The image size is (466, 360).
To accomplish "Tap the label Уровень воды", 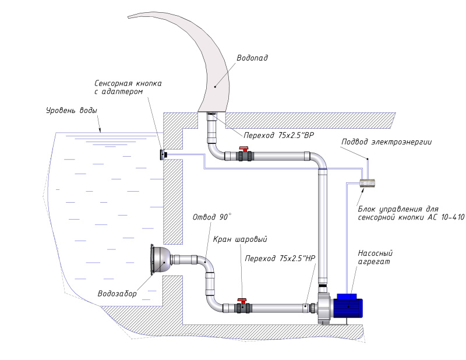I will (x=72, y=110).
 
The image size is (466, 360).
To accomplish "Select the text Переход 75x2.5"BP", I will (x=279, y=135).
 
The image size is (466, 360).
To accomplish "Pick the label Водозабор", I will (x=118, y=294).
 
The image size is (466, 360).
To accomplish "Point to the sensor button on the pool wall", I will (x=164, y=154).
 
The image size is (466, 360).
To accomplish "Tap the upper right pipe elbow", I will (x=318, y=160).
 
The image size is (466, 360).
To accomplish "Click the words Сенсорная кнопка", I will (x=128, y=83).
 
